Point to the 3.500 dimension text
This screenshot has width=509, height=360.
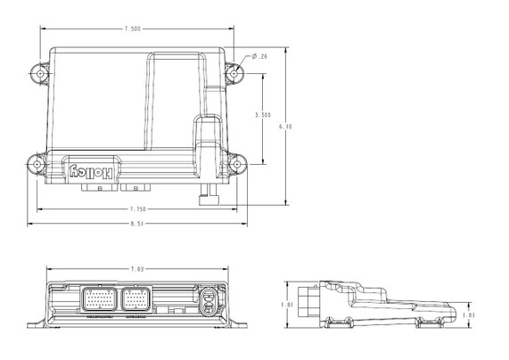(263, 115)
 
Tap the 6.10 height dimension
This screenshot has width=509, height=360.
(285, 127)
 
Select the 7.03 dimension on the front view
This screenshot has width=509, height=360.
(137, 268)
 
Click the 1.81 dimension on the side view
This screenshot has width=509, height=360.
(287, 304)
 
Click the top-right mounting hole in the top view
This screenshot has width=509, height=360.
(237, 70)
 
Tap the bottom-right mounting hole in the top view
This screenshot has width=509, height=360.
(237, 163)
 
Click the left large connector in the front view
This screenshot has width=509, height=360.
(98, 300)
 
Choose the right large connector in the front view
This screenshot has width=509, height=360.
(135, 300)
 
